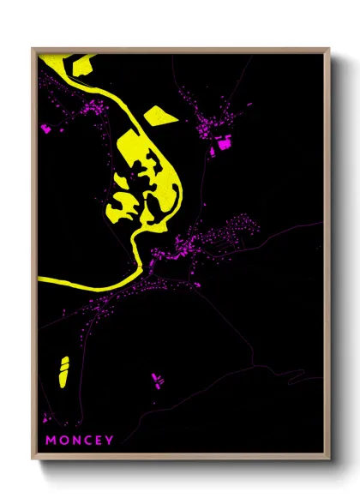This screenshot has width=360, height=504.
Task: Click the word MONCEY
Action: [80, 441]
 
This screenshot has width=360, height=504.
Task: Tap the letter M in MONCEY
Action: [51, 441]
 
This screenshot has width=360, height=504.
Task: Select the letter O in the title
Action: [63, 441]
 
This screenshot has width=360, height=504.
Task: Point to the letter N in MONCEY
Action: [76, 441]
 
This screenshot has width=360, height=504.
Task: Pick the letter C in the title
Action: [88, 441]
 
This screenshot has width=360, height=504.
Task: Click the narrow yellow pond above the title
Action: [63, 370]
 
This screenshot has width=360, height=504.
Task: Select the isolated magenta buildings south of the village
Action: [156, 378]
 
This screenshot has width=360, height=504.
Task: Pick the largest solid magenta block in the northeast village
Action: [225, 144]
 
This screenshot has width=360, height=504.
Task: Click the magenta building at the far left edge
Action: [45, 129]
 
